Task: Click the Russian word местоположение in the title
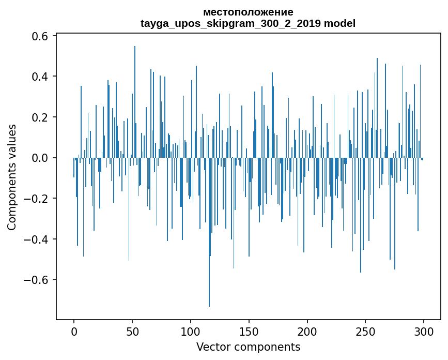248,12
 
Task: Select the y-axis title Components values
12,177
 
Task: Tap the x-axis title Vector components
248,347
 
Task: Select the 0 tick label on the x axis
74,331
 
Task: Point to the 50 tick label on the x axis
132,331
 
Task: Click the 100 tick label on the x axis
191,331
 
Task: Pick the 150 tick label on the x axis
249,331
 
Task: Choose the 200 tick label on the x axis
307,331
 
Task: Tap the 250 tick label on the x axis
366,331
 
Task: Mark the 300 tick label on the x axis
424,331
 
